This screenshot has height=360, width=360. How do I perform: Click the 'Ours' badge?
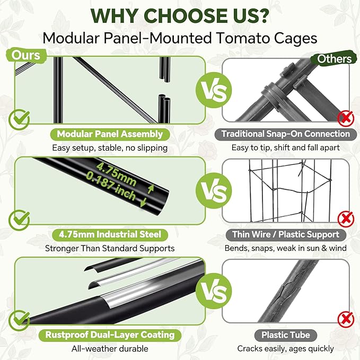27,56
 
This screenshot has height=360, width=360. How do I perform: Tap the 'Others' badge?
334,59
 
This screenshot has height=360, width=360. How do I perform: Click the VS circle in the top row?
214,90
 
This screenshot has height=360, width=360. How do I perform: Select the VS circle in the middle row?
214,191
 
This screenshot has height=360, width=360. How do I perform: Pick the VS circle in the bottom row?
214,291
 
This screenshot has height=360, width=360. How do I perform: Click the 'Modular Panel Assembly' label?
110,134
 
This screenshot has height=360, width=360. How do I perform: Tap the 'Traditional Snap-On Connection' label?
286,134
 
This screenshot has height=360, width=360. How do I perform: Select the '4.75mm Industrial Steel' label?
110,235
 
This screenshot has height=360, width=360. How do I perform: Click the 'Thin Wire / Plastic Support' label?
286,235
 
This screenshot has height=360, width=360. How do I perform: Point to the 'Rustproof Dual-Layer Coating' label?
110,335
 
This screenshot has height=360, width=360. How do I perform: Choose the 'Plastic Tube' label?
286,335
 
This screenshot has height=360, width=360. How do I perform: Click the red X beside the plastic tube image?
346,319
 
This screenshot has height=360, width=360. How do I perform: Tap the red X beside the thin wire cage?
346,219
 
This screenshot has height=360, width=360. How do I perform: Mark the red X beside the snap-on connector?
346,118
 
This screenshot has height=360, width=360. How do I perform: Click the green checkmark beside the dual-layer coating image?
19,321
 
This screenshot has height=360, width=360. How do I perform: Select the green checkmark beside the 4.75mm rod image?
19,220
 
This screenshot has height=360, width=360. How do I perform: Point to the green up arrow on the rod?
151,189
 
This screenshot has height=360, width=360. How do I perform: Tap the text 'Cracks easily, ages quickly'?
286,349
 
